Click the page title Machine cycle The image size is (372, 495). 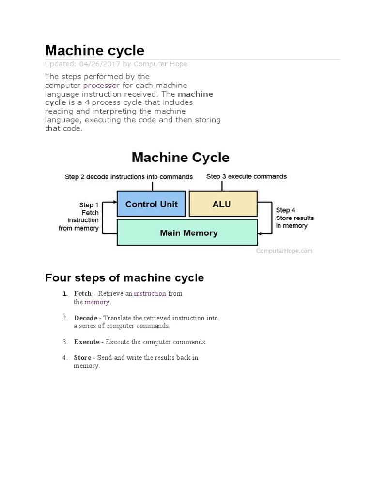coord(94,50)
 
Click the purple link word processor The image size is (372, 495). coord(101,86)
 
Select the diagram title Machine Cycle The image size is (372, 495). coord(180,158)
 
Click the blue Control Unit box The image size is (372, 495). coord(151,204)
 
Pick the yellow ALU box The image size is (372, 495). coord(222,204)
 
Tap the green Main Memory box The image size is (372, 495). coord(188,233)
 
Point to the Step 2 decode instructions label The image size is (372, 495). coord(128,177)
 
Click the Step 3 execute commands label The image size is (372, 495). coord(246,177)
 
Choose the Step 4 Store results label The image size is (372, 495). coord(294,218)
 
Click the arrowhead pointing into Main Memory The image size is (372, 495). coord(261,233)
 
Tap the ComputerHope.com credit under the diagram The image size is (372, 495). coord(284,251)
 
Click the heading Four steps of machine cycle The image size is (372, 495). coord(124,278)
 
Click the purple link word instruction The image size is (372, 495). coord(150,294)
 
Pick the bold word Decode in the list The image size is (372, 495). coord(86,318)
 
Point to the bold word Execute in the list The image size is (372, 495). coord(87,342)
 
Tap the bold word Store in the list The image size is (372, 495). coord(82,358)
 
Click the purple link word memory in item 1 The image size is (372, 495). coord(97,302)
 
